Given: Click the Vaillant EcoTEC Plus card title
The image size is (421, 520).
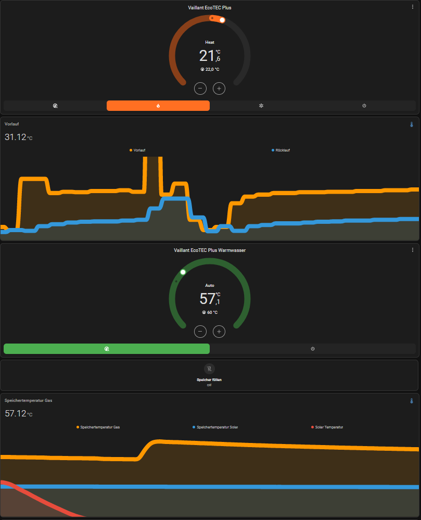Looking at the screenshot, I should click(210, 7).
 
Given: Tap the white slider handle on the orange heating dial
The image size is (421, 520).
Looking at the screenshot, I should click(222, 20).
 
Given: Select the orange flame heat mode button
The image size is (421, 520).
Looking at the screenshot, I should click(158, 106).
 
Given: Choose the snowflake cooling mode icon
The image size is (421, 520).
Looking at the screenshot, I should click(261, 106).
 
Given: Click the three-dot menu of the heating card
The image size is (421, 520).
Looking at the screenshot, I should click(413, 7).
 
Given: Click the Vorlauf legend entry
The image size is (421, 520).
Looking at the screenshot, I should click(137, 150).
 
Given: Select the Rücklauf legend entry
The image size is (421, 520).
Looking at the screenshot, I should click(281, 150).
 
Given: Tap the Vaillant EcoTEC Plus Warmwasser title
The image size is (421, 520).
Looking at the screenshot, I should click(210, 250).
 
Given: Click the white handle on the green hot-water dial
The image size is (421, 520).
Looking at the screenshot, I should click(183, 272).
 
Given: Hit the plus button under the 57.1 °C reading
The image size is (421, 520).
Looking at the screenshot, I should click(219, 331).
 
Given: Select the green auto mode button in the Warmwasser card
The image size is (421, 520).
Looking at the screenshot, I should click(106, 349).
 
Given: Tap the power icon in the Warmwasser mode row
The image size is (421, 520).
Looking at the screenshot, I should click(313, 349).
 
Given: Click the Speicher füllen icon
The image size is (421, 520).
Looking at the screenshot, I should click(209, 369).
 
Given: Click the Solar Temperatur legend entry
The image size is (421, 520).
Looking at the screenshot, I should click(327, 427).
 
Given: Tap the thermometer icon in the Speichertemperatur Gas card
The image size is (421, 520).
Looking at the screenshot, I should click(411, 401).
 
